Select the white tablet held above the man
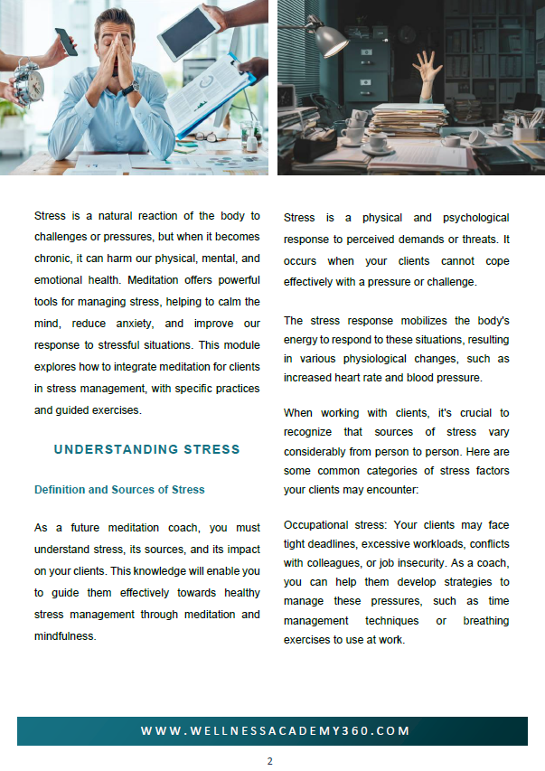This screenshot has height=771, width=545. [188, 34]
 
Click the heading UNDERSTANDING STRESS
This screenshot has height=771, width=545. [147, 449]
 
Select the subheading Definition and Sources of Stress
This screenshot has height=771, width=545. [119, 490]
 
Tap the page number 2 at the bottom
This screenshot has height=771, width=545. [269, 761]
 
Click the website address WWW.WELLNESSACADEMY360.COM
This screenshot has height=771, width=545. [275, 730]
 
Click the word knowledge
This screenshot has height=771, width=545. [180, 570]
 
